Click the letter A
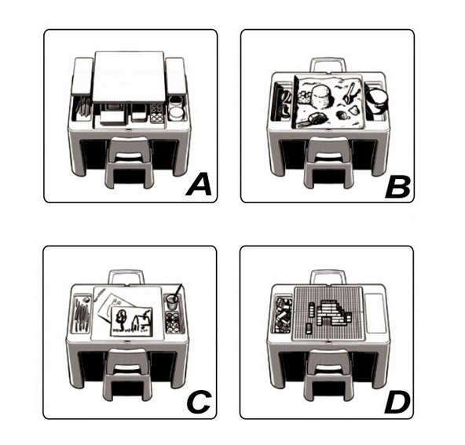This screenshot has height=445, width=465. (x=200, y=185)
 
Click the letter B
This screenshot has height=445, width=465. (x=397, y=188)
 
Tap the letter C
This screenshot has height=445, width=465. (x=199, y=402)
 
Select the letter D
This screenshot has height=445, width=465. (x=397, y=403)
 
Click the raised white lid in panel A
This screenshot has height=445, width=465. (x=129, y=76)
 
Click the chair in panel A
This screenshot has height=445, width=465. (x=128, y=162)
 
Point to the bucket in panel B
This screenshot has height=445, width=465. (x=376, y=100)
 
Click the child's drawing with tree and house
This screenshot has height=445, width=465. (x=131, y=322)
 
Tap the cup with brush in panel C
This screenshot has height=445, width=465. (x=173, y=299)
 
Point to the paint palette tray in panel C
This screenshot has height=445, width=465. (x=174, y=322)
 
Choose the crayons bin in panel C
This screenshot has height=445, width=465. (x=82, y=313)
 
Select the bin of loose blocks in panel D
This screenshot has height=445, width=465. (x=282, y=314)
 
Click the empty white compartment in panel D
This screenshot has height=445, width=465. (x=374, y=313)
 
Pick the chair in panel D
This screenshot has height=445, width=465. (x=329, y=374)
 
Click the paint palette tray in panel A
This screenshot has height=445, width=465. (x=157, y=113)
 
